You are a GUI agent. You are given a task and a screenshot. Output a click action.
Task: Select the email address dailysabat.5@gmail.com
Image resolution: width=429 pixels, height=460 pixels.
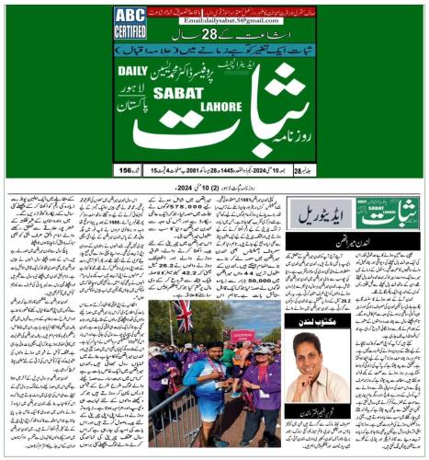click(x=213, y=19)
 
